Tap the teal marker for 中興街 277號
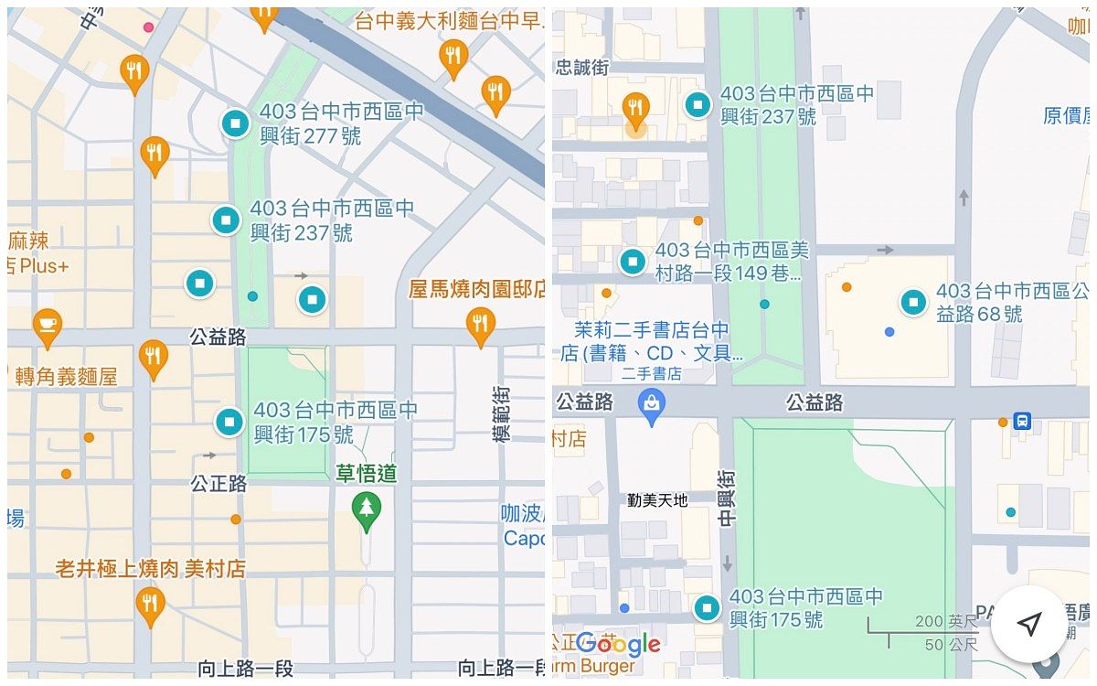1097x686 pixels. pyautogui.click(x=235, y=123)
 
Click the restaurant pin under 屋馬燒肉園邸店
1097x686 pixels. pyautogui.click(x=480, y=324)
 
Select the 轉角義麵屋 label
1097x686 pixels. pyautogui.click(x=66, y=376)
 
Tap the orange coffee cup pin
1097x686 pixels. pyautogui.click(x=47, y=325)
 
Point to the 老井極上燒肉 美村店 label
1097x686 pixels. pyautogui.click(x=151, y=568)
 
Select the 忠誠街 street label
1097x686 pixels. pyautogui.click(x=582, y=68)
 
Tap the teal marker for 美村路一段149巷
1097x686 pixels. pyautogui.click(x=632, y=262)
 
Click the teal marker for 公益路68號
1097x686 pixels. pyautogui.click(x=912, y=302)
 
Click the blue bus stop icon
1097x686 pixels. pyautogui.click(x=1022, y=421)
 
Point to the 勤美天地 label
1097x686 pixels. pyautogui.click(x=657, y=500)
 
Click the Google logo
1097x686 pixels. pyautogui.click(x=618, y=644)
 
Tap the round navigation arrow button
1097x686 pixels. pyautogui.click(x=1029, y=625)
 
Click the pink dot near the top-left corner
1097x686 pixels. pyautogui.click(x=148, y=27)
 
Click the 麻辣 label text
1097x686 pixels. pyautogui.click(x=28, y=241)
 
